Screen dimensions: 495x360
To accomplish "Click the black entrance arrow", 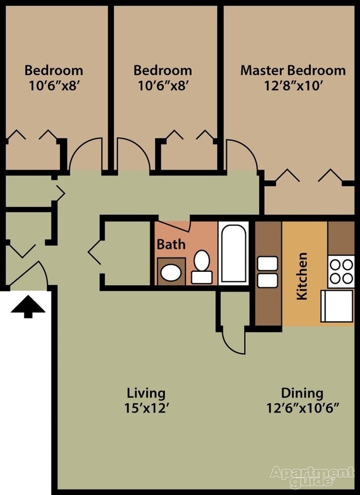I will (28, 306).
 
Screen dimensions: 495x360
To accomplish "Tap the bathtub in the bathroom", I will (235, 252).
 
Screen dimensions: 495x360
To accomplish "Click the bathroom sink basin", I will (171, 272).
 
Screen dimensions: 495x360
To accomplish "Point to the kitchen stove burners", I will (341, 271).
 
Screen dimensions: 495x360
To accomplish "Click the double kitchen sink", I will (268, 272).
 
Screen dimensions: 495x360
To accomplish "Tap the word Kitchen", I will (302, 276).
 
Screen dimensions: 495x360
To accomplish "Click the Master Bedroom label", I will (292, 70).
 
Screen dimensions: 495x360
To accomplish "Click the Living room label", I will (146, 393).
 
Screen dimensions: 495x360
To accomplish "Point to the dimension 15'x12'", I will (146, 409).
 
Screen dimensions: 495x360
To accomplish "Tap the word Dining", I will (302, 393).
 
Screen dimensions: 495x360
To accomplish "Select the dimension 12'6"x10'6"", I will (302, 409).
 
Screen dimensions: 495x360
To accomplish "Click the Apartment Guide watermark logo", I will (312, 476).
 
